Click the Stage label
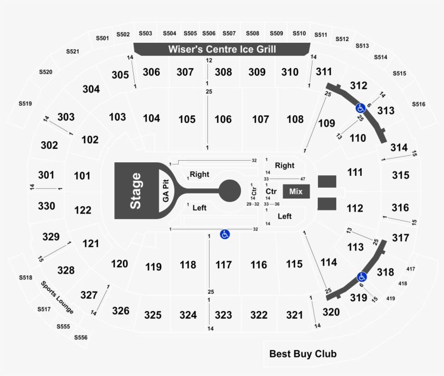pyautogui.click(x=135, y=191)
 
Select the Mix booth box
pyautogui.click(x=296, y=192)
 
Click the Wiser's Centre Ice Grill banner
pyautogui.click(x=222, y=49)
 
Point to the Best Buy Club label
pyautogui.click(x=303, y=354)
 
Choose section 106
pyautogui.click(x=223, y=119)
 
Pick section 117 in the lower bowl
pyautogui.click(x=224, y=265)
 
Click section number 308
pyautogui.click(x=224, y=72)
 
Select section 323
pyautogui.click(x=224, y=315)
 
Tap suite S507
pyautogui.click(x=229, y=34)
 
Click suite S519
pyautogui.click(x=25, y=103)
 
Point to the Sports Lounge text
pyautogui.click(x=57, y=297)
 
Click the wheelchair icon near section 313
pyautogui.click(x=361, y=108)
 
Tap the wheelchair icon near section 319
pyautogui.click(x=362, y=277)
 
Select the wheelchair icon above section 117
pyautogui.click(x=225, y=234)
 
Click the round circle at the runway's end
pyautogui.click(x=230, y=190)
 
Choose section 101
pyautogui.click(x=82, y=176)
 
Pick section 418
pyautogui.click(x=403, y=283)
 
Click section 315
pyautogui.click(x=401, y=175)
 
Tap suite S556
pyautogui.click(x=81, y=337)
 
